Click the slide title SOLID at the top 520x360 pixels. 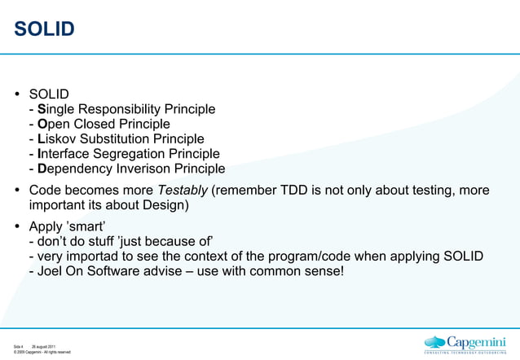coord(44,30)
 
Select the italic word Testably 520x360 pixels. coord(183,190)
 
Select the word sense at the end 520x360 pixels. coord(324,271)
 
